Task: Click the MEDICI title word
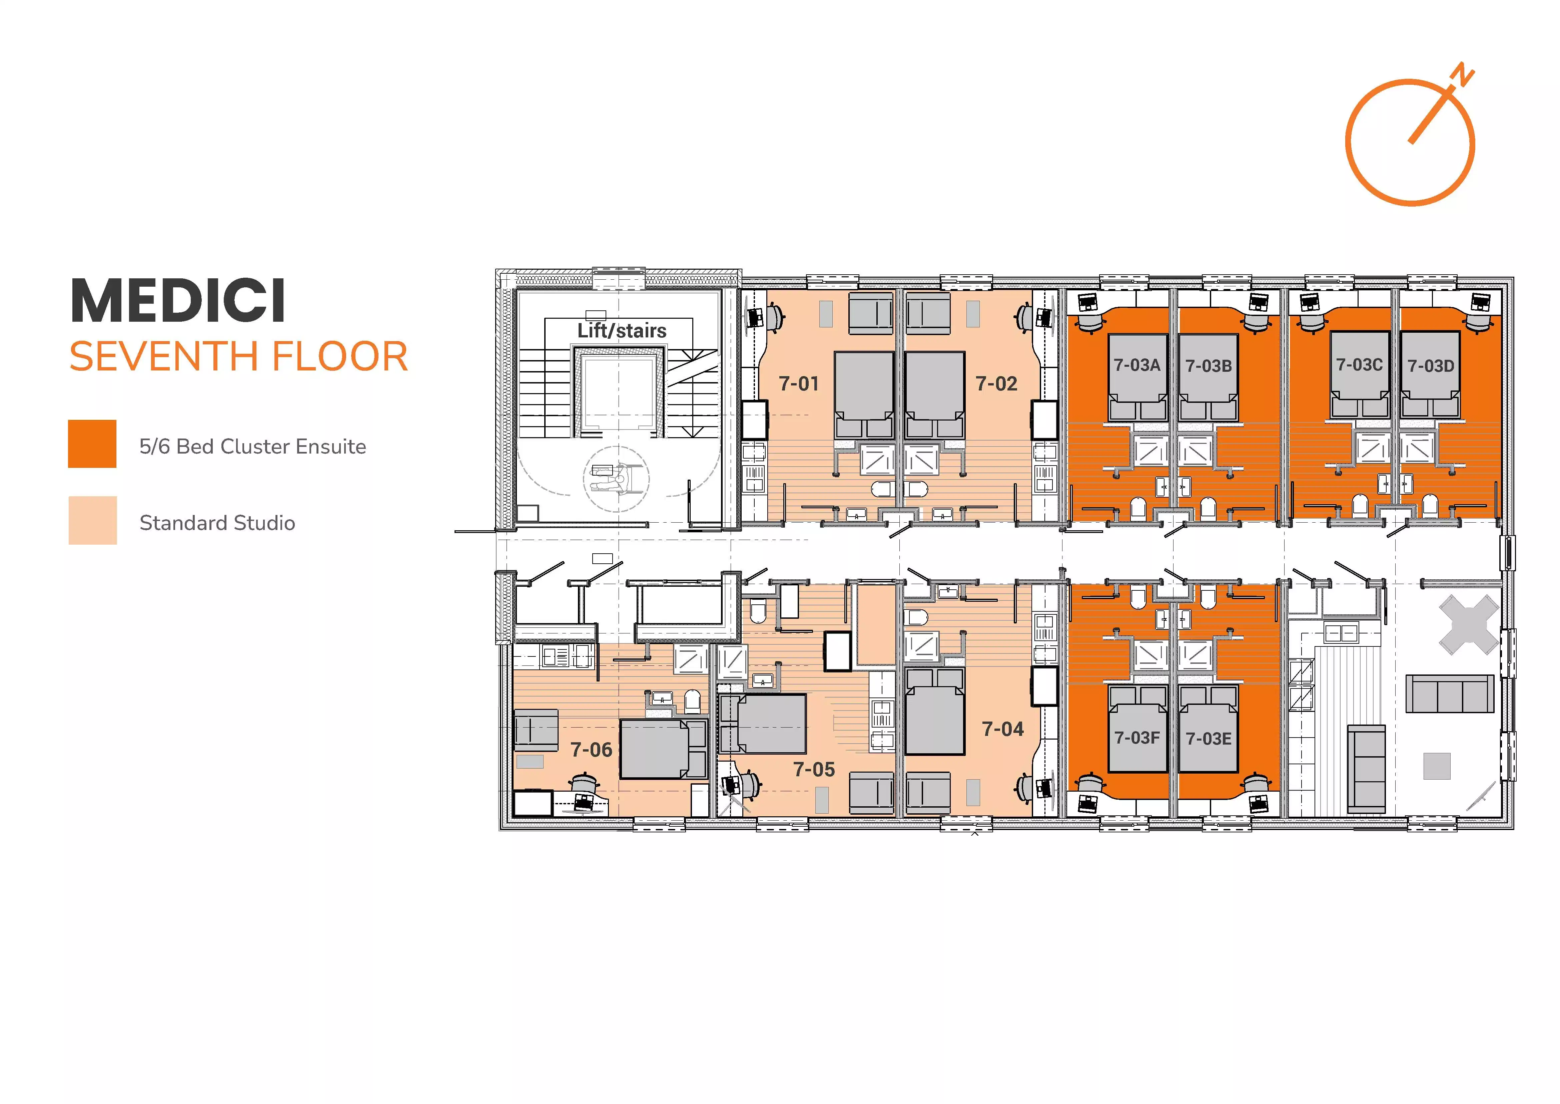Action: (x=178, y=301)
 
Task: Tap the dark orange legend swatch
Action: (x=92, y=444)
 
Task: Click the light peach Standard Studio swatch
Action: (x=92, y=520)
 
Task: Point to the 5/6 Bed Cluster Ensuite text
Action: (x=252, y=447)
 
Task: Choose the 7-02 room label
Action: (x=996, y=384)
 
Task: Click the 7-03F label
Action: (x=1137, y=738)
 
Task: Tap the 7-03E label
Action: (x=1208, y=739)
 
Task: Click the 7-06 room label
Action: (x=591, y=750)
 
